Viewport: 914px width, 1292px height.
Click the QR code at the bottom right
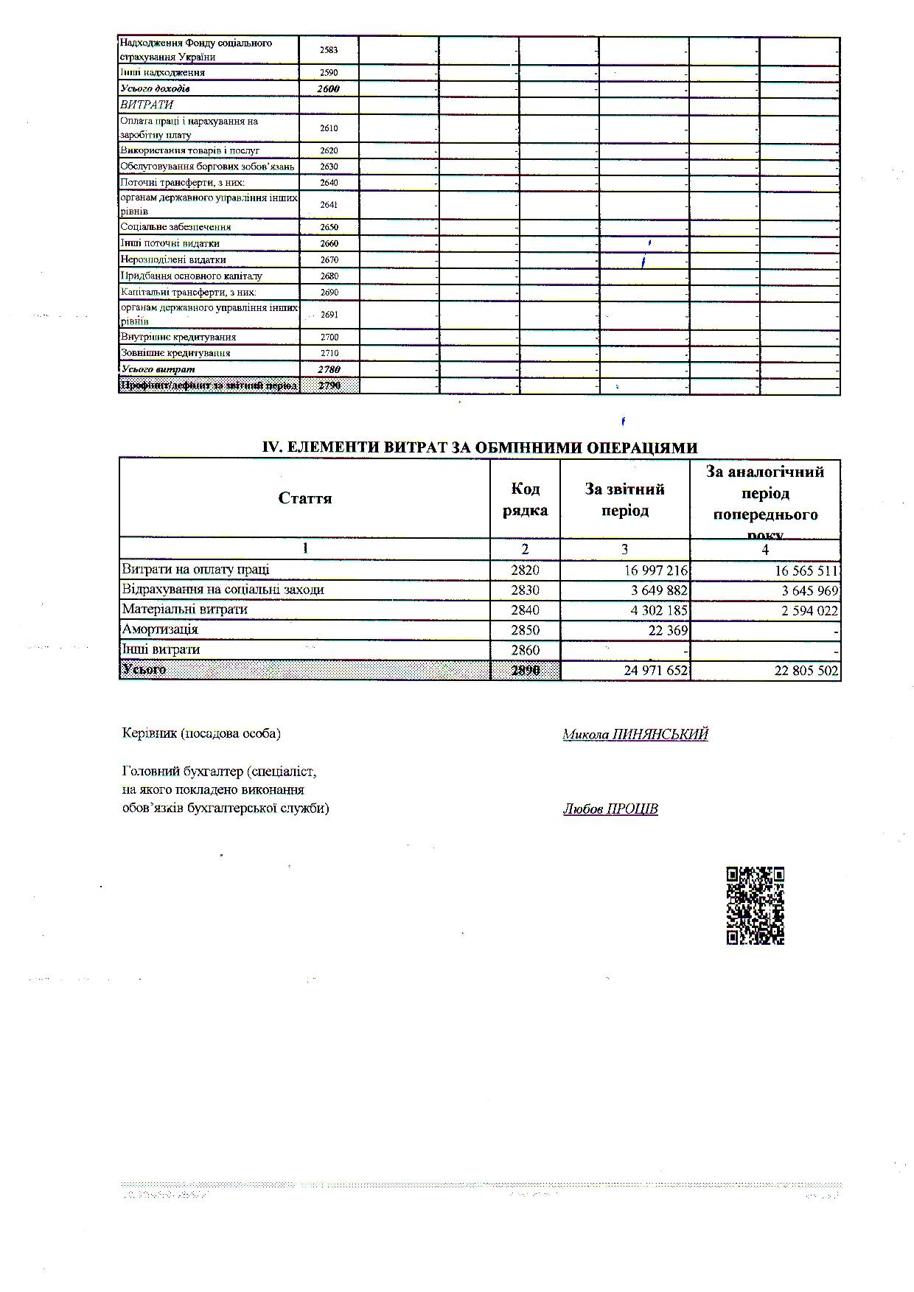pyautogui.click(x=755, y=905)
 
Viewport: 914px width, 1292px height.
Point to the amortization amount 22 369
pyautogui.click(x=666, y=630)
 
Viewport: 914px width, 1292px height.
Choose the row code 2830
pyautogui.click(x=525, y=590)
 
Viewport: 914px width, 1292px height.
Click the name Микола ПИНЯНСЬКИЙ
pyautogui.click(x=635, y=734)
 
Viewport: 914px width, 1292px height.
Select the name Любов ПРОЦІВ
pyautogui.click(x=610, y=809)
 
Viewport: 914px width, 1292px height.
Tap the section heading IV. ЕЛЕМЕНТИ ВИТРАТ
pyautogui.click(x=480, y=447)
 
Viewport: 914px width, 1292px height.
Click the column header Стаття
pyautogui.click(x=305, y=498)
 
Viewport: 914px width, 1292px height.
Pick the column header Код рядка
pyautogui.click(x=525, y=499)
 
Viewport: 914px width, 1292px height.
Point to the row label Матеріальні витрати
pyautogui.click(x=184, y=610)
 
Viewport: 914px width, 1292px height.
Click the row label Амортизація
pyautogui.click(x=160, y=629)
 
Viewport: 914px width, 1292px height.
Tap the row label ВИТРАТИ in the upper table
pyautogui.click(x=147, y=105)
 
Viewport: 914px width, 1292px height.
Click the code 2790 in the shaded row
pyautogui.click(x=329, y=385)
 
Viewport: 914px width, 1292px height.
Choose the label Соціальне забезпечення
pyautogui.click(x=176, y=227)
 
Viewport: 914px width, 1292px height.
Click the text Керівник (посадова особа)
pyautogui.click(x=201, y=733)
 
